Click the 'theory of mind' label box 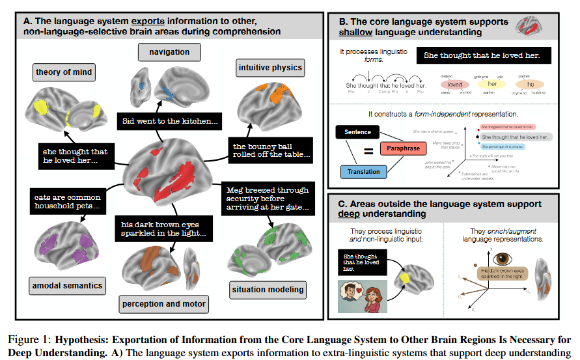(x=64, y=72)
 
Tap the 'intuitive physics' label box (x=269, y=67)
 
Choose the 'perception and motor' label (x=163, y=303)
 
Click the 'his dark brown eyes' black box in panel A (x=163, y=228)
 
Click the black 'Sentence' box (x=357, y=132)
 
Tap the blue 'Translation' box (x=363, y=172)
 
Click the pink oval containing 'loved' (x=455, y=85)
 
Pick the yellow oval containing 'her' (x=492, y=85)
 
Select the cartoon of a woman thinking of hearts (x=361, y=298)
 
